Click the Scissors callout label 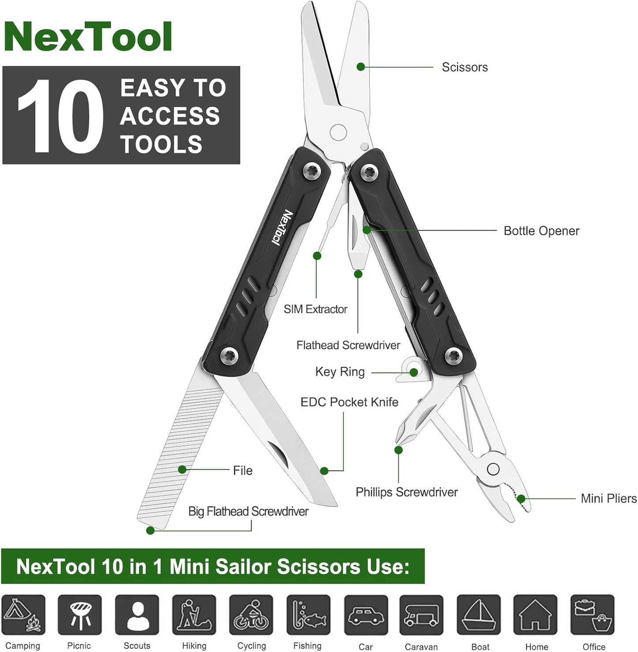click(x=464, y=67)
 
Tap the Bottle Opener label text click(x=541, y=231)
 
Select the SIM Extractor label click(x=315, y=309)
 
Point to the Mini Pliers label click(x=608, y=498)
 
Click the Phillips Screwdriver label click(x=407, y=492)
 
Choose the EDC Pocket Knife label click(x=349, y=402)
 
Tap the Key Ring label click(x=340, y=372)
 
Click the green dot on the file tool click(x=182, y=469)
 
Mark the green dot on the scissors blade click(x=361, y=67)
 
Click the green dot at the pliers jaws click(x=521, y=498)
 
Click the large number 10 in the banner click(x=60, y=116)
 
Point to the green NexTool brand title click(x=88, y=37)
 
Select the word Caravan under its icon click(x=421, y=647)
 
